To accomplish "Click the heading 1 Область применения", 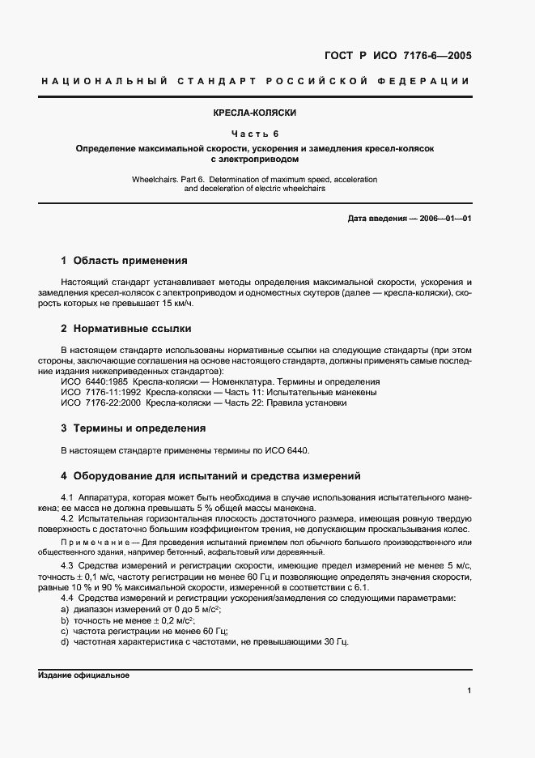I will pyautogui.click(x=124, y=261).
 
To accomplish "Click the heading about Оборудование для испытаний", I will pyautogui.click(x=210, y=475).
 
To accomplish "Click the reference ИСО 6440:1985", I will pyautogui.click(x=94, y=381).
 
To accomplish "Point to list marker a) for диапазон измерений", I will pyautogui.click(x=65, y=608).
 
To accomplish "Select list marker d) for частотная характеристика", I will pyautogui.click(x=65, y=642).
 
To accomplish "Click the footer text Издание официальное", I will pyautogui.click(x=84, y=675).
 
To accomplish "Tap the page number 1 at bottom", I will pyautogui.click(x=469, y=691).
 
